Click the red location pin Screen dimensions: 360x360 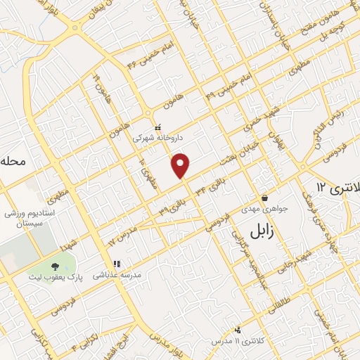181,165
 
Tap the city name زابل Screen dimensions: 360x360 265,230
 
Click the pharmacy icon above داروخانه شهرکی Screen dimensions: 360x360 157,127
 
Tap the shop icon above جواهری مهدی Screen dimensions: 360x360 264,198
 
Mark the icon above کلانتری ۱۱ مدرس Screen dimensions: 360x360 238,329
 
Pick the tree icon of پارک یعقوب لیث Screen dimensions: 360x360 56,266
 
